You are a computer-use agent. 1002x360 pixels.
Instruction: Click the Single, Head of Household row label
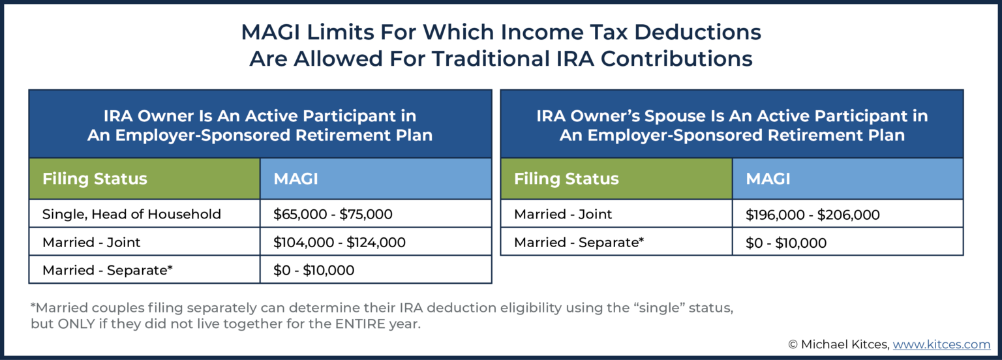pyautogui.click(x=132, y=214)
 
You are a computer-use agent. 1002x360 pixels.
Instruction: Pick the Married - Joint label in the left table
pyautogui.click(x=91, y=243)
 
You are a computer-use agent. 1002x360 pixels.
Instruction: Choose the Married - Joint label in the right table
pyautogui.click(x=563, y=214)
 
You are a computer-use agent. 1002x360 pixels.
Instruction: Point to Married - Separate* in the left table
pyautogui.click(x=108, y=270)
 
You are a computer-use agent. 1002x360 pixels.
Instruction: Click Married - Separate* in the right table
pyautogui.click(x=579, y=243)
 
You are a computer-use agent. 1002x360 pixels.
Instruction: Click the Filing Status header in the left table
pyautogui.click(x=95, y=179)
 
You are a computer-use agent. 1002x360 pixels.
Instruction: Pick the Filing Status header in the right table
pyautogui.click(x=566, y=179)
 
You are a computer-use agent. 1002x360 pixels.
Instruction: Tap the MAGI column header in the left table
pyautogui.click(x=296, y=179)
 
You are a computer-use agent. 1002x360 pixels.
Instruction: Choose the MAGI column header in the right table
pyautogui.click(x=768, y=179)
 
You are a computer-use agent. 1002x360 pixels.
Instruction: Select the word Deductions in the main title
pyautogui.click(x=698, y=32)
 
